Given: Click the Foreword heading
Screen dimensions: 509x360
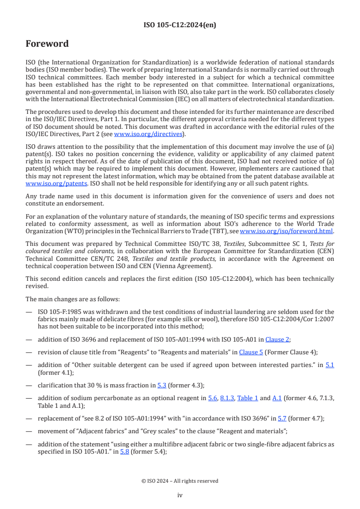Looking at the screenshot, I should coord(47,44).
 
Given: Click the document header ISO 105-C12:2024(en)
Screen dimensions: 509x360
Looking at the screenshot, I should coord(180,25).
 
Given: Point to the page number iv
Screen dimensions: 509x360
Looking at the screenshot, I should coord(180,495).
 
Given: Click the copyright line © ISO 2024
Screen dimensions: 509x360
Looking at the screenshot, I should coord(180,481).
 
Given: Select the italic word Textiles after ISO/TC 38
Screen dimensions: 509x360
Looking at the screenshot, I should coord(235,244).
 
